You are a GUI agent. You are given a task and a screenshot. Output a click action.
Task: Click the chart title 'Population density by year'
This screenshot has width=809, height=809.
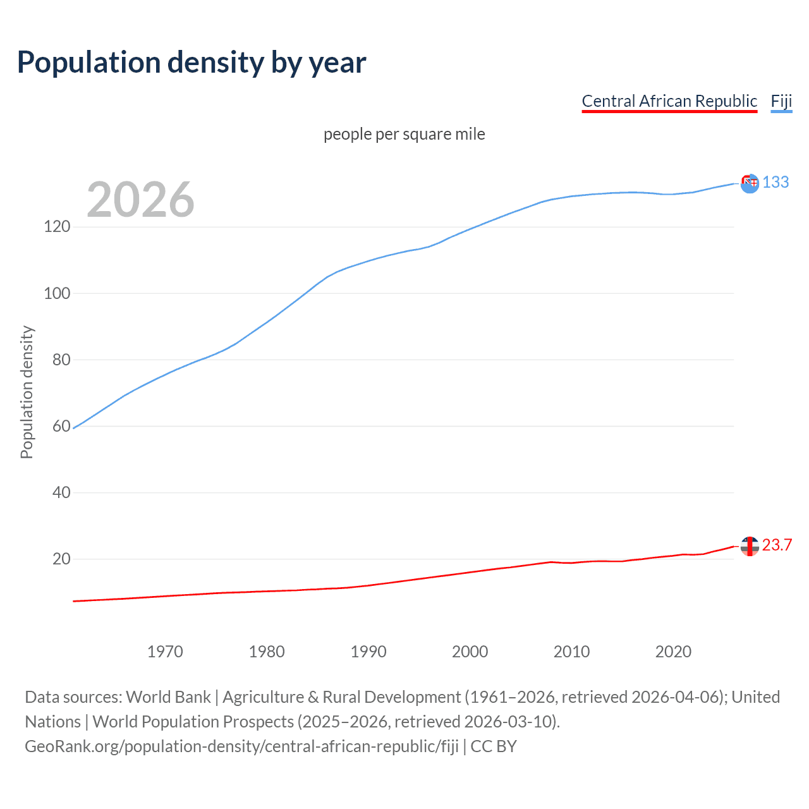coord(192,63)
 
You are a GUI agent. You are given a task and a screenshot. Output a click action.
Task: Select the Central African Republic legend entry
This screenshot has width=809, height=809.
coord(669,101)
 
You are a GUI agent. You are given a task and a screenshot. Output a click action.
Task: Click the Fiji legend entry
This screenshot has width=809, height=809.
coord(781,101)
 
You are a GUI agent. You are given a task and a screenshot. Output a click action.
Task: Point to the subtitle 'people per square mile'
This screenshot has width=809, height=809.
coord(404,134)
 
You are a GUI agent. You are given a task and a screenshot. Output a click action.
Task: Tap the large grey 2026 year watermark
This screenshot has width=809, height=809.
coord(140,200)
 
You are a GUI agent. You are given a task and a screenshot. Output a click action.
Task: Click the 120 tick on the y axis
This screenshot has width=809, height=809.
coord(57,226)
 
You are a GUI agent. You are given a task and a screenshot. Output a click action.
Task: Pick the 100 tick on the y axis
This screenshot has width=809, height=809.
coord(57,293)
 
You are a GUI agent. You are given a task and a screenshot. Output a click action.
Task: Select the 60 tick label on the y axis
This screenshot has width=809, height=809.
coord(61,426)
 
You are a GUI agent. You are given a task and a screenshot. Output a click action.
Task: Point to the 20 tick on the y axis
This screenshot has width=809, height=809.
coord(61,559)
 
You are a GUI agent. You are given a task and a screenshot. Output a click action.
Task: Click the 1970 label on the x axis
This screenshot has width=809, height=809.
coord(165,652)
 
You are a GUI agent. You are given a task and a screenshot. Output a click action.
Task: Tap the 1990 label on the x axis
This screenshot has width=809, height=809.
coord(368,652)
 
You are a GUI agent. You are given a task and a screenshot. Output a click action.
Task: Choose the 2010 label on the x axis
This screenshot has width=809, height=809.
coord(571,652)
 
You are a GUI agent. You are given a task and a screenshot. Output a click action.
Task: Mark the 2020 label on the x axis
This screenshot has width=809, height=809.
coord(673,652)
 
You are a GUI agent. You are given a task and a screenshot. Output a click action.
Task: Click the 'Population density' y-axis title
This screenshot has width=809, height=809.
coord(27,392)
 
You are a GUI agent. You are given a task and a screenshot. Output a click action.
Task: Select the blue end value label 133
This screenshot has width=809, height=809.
coord(776,182)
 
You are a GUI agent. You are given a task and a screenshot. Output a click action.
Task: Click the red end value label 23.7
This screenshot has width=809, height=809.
coord(777,545)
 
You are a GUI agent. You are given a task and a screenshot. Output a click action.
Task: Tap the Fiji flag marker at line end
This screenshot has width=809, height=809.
coord(750,183)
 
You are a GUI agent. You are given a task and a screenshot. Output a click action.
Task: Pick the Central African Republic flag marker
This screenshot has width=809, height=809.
coord(750,546)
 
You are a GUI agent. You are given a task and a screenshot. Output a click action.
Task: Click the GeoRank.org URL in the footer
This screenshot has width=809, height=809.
coord(241,746)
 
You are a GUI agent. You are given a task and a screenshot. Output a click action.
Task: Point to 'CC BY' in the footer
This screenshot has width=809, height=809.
coord(494,746)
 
